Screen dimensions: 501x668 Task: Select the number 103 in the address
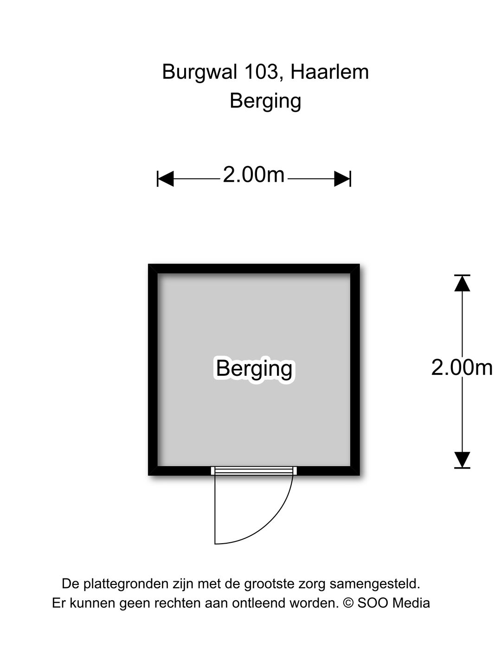261,72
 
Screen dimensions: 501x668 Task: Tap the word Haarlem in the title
329,72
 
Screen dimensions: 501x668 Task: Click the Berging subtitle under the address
265,101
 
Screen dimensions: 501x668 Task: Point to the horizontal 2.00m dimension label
254,175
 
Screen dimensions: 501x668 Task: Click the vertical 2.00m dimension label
462,367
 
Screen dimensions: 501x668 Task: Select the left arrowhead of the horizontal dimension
166,179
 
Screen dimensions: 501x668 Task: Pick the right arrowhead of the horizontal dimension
342,179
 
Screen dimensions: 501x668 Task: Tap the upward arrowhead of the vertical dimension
462,283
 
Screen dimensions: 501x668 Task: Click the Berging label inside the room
254,369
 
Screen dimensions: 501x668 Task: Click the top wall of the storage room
254,269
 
